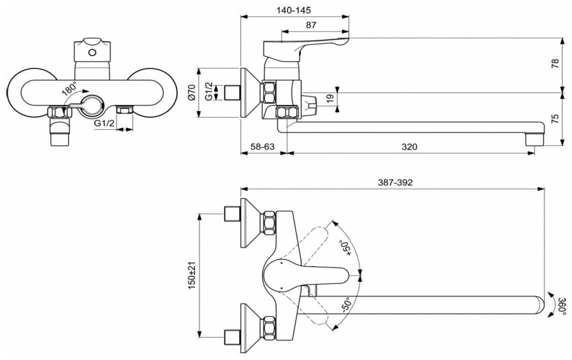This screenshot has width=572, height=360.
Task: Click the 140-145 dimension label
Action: pyautogui.click(x=294, y=11)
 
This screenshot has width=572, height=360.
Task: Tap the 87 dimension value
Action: pyautogui.click(x=311, y=25)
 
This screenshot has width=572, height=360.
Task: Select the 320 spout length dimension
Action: pyautogui.click(x=409, y=147)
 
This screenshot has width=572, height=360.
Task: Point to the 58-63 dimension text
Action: pyautogui.click(x=263, y=147)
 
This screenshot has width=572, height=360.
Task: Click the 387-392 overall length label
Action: pyautogui.click(x=395, y=183)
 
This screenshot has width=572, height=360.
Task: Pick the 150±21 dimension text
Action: pyautogui.click(x=192, y=275)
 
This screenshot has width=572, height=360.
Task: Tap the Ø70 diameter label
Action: pyautogui.click(x=192, y=92)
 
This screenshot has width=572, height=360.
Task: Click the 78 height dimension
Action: pyautogui.click(x=555, y=64)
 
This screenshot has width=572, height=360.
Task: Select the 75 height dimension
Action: pyautogui.click(x=555, y=119)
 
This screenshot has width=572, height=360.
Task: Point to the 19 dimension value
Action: pyautogui.click(x=330, y=98)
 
